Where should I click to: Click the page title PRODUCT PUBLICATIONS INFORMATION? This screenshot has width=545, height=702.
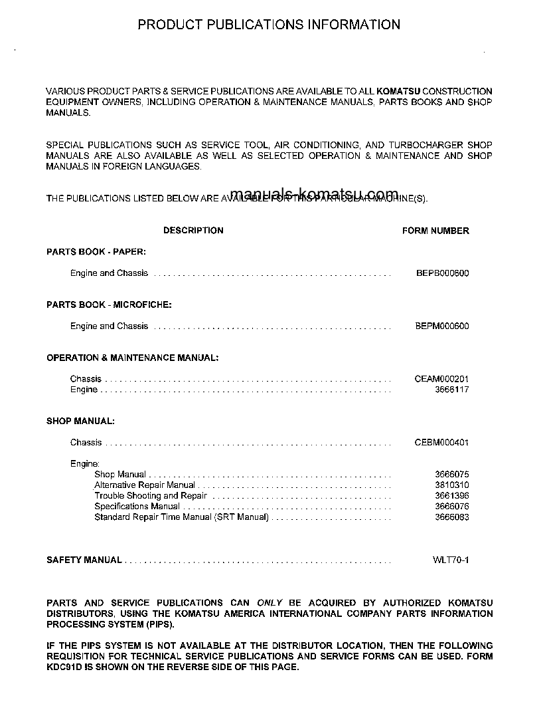click(x=269, y=25)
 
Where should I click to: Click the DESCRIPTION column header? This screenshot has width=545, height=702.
click(x=193, y=231)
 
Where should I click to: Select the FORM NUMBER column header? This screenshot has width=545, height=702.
click(x=435, y=231)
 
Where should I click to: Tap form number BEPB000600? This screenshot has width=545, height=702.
click(x=442, y=273)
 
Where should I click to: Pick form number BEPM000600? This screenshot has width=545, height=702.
click(x=442, y=326)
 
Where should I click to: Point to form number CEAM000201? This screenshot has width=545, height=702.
click(x=441, y=379)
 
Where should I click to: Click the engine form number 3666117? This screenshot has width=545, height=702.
click(x=451, y=390)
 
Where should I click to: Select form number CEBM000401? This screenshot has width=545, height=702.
click(x=441, y=443)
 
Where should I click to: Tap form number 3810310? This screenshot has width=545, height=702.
click(x=451, y=485)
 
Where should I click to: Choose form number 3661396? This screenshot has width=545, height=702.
click(x=451, y=496)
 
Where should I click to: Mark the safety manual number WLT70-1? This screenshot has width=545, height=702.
click(x=451, y=560)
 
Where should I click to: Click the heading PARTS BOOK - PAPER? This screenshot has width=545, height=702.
click(x=96, y=252)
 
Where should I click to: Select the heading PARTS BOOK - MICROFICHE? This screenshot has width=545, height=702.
click(x=109, y=305)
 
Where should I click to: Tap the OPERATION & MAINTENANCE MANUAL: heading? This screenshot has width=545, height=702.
click(x=132, y=358)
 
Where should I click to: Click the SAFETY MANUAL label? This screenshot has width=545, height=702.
click(x=84, y=560)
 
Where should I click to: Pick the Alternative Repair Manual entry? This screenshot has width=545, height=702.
click(x=145, y=485)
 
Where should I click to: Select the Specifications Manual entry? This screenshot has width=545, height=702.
click(x=137, y=507)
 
